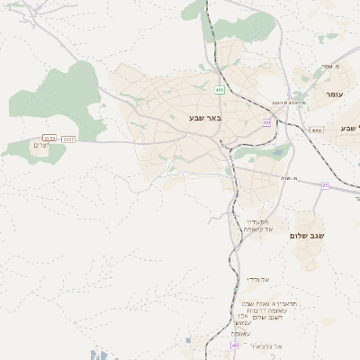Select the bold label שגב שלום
tap(307, 236)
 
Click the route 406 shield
tap(220, 90)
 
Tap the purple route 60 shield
tap(266, 122)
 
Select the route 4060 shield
tap(316, 130)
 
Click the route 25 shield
tap(325, 185)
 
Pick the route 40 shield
tap(235, 346)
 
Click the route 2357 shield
tap(69, 139)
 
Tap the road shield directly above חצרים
tap(49, 139)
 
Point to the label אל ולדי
tap(259, 280)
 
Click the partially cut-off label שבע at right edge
tap(349, 129)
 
